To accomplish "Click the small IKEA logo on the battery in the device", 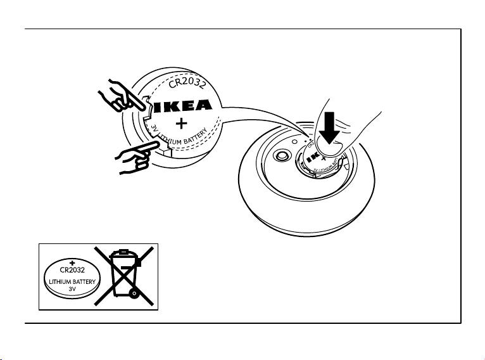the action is point(313,157).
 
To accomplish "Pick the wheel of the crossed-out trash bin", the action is point(134,293).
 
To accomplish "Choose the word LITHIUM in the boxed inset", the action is point(58,280).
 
